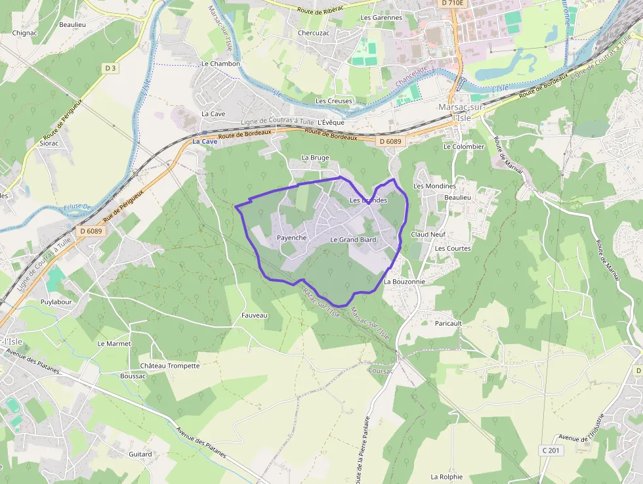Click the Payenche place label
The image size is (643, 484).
pos(292,238)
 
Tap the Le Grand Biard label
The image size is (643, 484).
pos(353,240)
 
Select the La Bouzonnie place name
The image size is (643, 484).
pos(404,281)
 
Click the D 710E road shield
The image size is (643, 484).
pos(453,3)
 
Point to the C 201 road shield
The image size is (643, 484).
pos(552,450)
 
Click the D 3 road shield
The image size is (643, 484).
pos(110,68)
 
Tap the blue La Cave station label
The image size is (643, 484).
pos(205,142)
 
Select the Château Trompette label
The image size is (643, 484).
pos(169,366)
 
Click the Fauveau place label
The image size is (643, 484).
pos(255,315)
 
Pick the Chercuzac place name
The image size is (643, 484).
pos(314,32)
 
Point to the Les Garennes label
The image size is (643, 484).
pos(381,18)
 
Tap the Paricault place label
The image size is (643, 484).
pos(449,323)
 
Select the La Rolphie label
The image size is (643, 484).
pos(446,477)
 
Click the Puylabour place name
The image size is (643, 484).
pos(56,302)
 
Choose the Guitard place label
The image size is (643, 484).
pos(140,454)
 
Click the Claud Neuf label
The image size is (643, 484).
pos(428,234)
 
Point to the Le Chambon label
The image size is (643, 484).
pos(220,64)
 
